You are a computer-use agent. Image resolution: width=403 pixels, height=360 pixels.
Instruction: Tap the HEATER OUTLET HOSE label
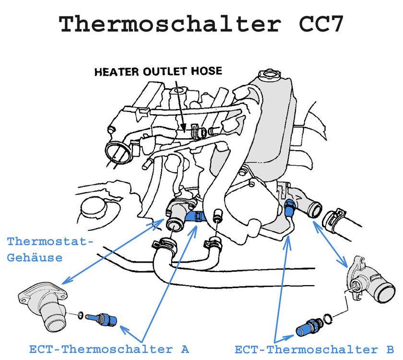pos(158,72)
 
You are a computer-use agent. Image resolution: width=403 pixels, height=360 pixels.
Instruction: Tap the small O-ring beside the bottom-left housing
pos(80,315)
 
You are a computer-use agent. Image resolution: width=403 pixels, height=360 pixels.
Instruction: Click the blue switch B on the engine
pos(289,208)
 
